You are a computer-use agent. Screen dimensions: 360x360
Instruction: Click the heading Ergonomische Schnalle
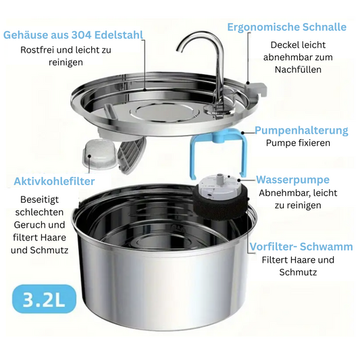point(287,27)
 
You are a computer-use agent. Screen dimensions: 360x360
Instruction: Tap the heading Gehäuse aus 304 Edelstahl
point(73,35)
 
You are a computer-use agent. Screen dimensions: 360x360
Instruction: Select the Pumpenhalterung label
point(301,130)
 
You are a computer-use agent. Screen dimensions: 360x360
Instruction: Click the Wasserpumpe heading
point(292,180)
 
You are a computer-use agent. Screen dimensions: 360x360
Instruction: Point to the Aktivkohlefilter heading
point(54,181)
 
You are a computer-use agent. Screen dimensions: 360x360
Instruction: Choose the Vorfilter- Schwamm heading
point(301,247)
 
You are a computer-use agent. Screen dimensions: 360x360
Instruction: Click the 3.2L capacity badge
point(44,299)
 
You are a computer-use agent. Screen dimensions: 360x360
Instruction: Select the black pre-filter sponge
point(220,205)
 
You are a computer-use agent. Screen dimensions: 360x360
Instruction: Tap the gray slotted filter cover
point(132,152)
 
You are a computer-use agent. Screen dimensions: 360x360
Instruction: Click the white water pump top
point(220,186)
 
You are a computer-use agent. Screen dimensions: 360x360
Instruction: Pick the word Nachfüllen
point(298,70)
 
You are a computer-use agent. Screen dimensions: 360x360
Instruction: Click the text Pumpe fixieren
point(298,143)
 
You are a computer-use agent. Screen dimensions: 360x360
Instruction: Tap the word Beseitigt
point(39,199)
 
